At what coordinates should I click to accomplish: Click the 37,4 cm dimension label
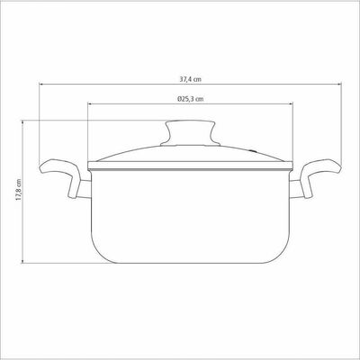[x=190, y=79]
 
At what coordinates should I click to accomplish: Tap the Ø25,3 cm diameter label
[x=190, y=99]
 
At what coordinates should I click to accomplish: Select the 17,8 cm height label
[x=19, y=190]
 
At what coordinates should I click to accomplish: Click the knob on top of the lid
[x=190, y=133]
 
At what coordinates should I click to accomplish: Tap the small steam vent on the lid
[x=254, y=151]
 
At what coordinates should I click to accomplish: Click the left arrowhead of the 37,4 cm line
[x=41, y=85]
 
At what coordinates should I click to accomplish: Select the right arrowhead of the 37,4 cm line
[x=339, y=85]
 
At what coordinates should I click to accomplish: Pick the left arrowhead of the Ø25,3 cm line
[x=90, y=103]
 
